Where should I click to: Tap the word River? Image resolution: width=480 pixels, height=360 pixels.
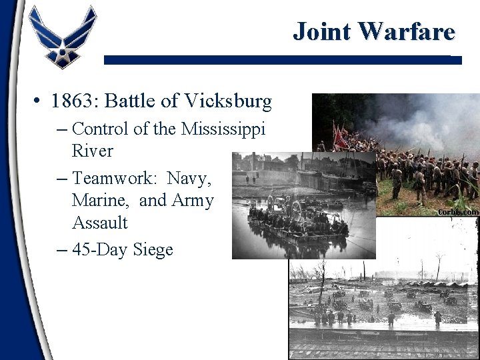point(93,151)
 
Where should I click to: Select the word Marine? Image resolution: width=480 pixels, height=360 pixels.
point(100,200)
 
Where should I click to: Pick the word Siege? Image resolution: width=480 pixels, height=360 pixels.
point(153,250)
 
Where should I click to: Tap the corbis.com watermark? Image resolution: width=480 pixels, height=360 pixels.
point(458,211)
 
